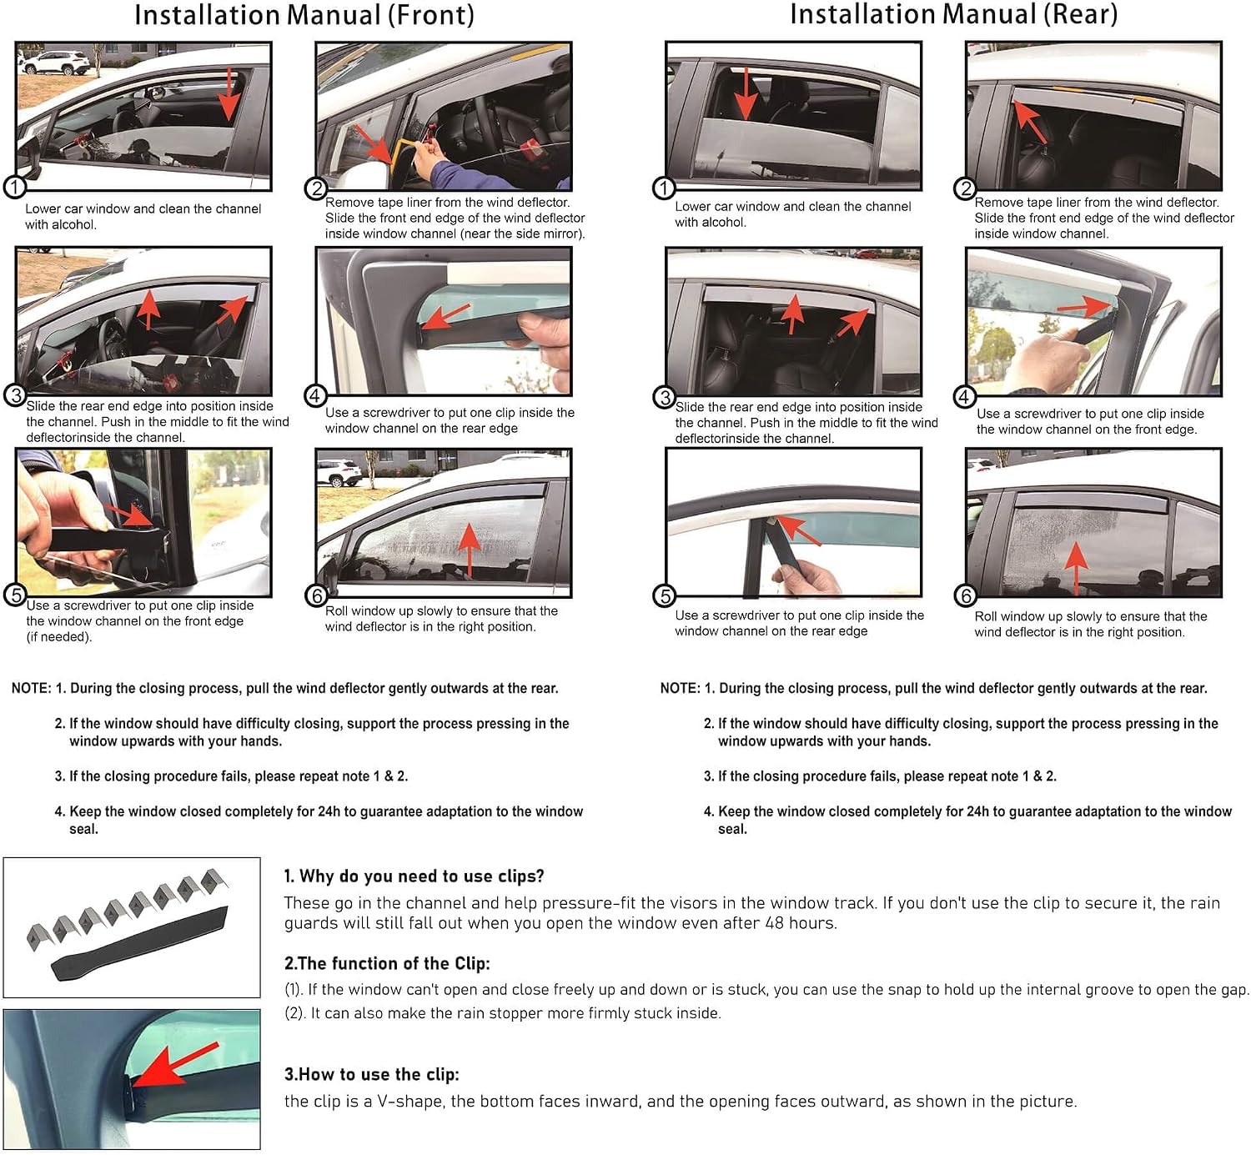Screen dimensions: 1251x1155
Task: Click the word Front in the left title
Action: click(430, 14)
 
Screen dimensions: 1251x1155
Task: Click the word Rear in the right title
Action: click(1080, 14)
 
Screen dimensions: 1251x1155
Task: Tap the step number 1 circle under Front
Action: click(14, 187)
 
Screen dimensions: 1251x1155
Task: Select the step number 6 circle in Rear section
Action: click(966, 595)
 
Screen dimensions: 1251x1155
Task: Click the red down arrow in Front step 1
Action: click(229, 93)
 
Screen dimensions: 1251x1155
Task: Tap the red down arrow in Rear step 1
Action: click(746, 93)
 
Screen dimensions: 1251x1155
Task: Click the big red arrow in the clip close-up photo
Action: click(174, 1066)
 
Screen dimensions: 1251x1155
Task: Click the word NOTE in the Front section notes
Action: click(31, 688)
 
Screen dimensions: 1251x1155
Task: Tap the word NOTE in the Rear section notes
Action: click(680, 688)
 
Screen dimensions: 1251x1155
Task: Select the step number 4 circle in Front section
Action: click(315, 396)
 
